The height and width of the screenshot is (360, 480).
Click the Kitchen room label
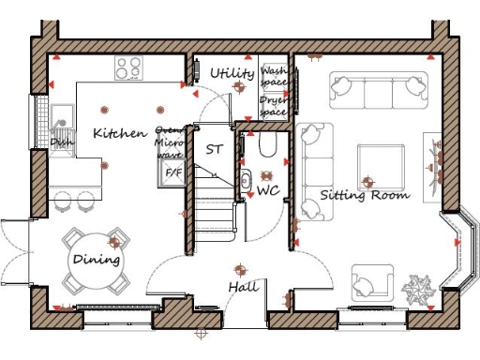(119, 133)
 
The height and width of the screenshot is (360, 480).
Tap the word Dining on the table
(97, 259)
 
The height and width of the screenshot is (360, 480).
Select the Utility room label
(232, 73)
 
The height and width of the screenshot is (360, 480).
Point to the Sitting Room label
(365, 196)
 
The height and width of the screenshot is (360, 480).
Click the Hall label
(244, 287)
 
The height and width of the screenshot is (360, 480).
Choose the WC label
(269, 191)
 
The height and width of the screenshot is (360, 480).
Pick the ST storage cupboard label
(214, 149)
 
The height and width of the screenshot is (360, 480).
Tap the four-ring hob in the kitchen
(129, 67)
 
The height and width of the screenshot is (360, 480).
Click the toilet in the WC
(266, 144)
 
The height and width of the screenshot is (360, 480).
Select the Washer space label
(275, 76)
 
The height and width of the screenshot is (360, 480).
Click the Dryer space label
(274, 105)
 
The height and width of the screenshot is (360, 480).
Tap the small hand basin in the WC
(246, 181)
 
